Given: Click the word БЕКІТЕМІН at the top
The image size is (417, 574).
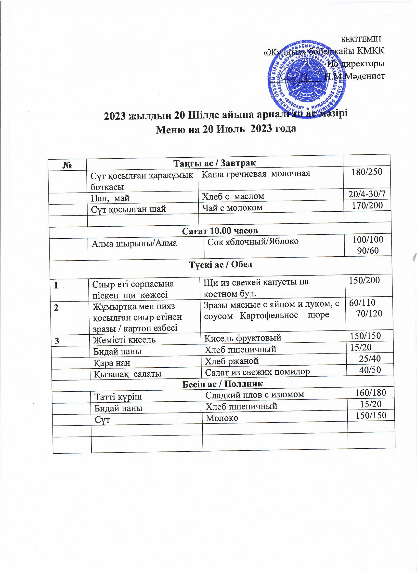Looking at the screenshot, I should pos(361,40).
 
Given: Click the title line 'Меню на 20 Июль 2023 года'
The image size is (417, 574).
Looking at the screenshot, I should pos(226,129).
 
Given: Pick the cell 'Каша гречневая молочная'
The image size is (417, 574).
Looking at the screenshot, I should pos(256,173).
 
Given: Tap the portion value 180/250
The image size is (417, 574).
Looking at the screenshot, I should pos(367,172).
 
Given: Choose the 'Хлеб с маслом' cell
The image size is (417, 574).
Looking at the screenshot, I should pos(233,196).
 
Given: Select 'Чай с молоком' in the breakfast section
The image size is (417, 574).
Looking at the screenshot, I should pos(232,208).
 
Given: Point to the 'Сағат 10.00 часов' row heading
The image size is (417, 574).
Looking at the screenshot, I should pos(220,231).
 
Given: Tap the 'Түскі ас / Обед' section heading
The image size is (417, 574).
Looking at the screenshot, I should pos(221,265).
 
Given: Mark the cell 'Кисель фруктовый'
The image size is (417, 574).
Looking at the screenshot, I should pos(243,338).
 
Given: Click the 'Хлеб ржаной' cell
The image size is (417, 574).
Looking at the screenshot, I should pos(232,361).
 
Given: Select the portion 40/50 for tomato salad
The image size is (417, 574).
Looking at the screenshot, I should pos(370,370).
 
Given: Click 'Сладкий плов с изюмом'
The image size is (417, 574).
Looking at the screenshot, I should pos(255,394).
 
